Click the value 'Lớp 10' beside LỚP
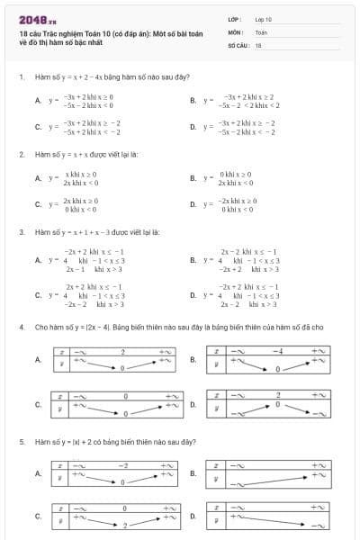(x=264, y=18)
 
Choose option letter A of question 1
(x=37, y=101)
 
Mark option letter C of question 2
(x=37, y=204)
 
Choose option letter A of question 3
(x=37, y=260)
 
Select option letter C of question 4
(x=37, y=404)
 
